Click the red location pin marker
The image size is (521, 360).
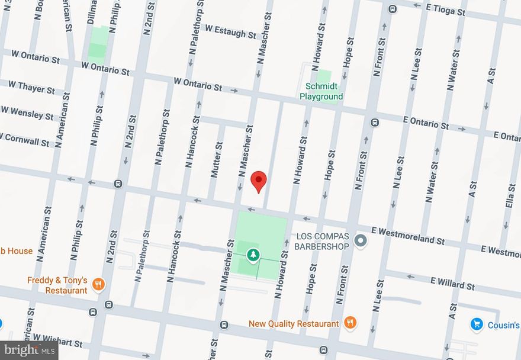[259, 181]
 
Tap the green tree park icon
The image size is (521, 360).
[253, 255]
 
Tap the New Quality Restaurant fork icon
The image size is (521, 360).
[350, 323]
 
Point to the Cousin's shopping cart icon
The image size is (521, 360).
[477, 324]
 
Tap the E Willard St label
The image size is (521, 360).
[452, 284]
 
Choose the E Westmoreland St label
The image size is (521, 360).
[408, 235]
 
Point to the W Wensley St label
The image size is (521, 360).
[27, 112]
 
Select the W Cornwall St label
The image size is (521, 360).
[27, 139]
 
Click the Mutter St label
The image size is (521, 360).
[217, 159]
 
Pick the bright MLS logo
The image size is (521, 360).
[29, 350]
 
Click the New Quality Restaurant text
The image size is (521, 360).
[294, 324]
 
